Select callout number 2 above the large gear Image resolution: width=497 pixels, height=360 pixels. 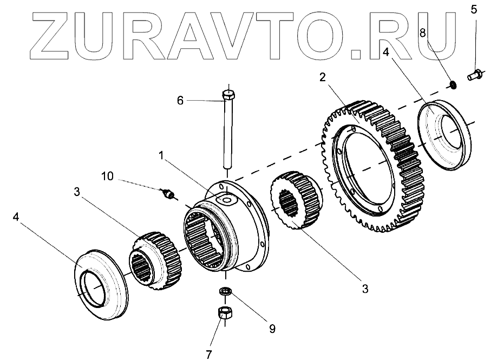[322, 77]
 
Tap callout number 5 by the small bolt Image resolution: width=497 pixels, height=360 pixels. [474, 9]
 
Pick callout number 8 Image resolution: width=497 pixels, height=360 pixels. [423, 32]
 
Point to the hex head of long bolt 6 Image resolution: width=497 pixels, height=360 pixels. [228, 96]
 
